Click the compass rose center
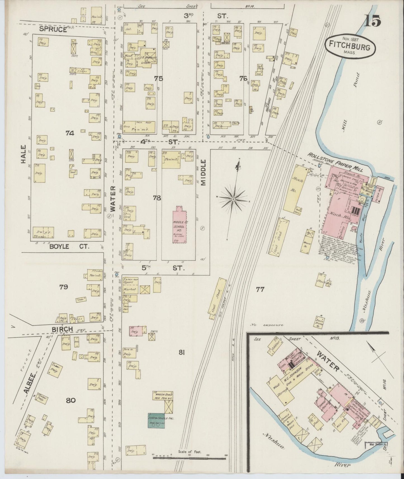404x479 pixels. click(233, 199)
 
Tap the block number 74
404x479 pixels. click(70, 133)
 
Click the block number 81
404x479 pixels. click(182, 353)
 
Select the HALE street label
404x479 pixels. click(23, 155)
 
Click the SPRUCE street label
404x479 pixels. click(53, 29)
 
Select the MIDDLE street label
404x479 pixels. click(203, 173)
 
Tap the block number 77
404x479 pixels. click(260, 290)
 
